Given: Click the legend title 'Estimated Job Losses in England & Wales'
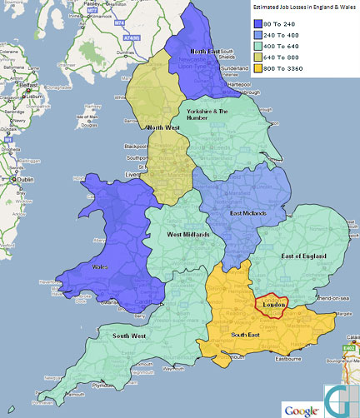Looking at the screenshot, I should (304, 7).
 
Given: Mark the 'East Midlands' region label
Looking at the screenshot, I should (247, 214).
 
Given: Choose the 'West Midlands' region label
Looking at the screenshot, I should (187, 236).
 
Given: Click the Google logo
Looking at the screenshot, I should (302, 410).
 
